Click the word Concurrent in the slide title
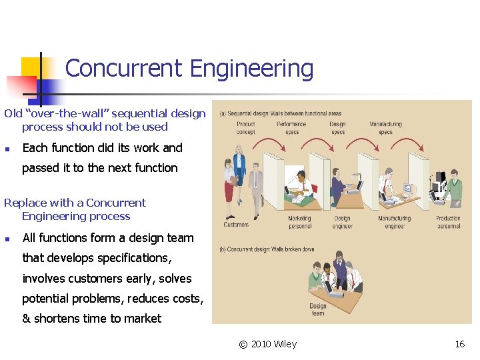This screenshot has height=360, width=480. tap(124, 69)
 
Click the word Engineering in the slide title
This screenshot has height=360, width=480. tap(251, 69)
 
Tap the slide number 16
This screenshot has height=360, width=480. tap(459, 344)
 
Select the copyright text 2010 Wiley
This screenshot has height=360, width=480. tap(274, 344)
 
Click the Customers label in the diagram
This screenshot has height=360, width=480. tap(236, 225)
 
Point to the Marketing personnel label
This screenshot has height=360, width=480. tap(299, 222)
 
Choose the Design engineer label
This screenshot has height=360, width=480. tap(342, 222)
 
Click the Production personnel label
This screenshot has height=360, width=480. tap(448, 222)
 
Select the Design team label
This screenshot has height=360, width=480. tap(318, 310)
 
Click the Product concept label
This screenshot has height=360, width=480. tap(245, 128)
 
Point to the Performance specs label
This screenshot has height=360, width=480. tap(291, 128)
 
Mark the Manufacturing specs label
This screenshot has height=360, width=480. tap(386, 128)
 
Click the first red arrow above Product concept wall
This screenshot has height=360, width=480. tap(267, 141)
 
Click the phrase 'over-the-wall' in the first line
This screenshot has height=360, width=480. tap(57, 113)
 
